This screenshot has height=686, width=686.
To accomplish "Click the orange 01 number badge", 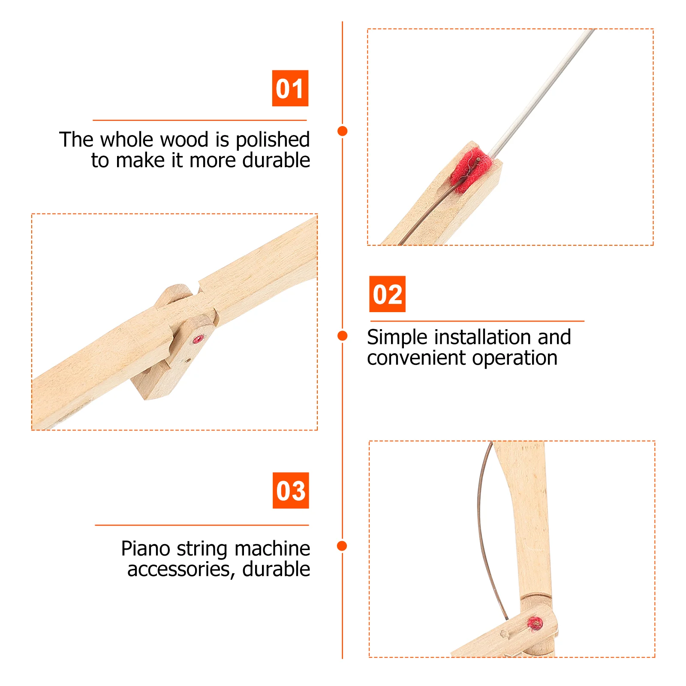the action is tap(290, 88).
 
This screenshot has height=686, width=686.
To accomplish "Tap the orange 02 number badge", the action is tap(387, 294).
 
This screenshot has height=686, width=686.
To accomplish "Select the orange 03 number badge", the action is tap(291, 490).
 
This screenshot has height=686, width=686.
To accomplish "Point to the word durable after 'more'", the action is tap(276, 160).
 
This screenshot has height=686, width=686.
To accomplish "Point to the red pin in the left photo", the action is tap(198, 340).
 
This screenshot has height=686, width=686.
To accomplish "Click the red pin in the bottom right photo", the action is tap(535, 623).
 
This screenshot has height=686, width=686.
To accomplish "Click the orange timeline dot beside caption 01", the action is tap(342, 131).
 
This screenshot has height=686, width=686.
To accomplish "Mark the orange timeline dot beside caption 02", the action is tap(342, 336).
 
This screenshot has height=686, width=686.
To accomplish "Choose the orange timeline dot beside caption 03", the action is tap(342, 545).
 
